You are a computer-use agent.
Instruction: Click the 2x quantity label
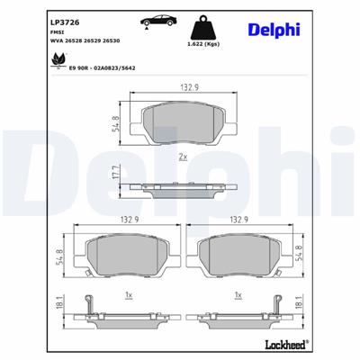(184, 157)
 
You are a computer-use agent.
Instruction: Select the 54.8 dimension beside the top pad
(115, 125)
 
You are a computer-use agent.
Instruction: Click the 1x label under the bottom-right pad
(238, 294)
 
